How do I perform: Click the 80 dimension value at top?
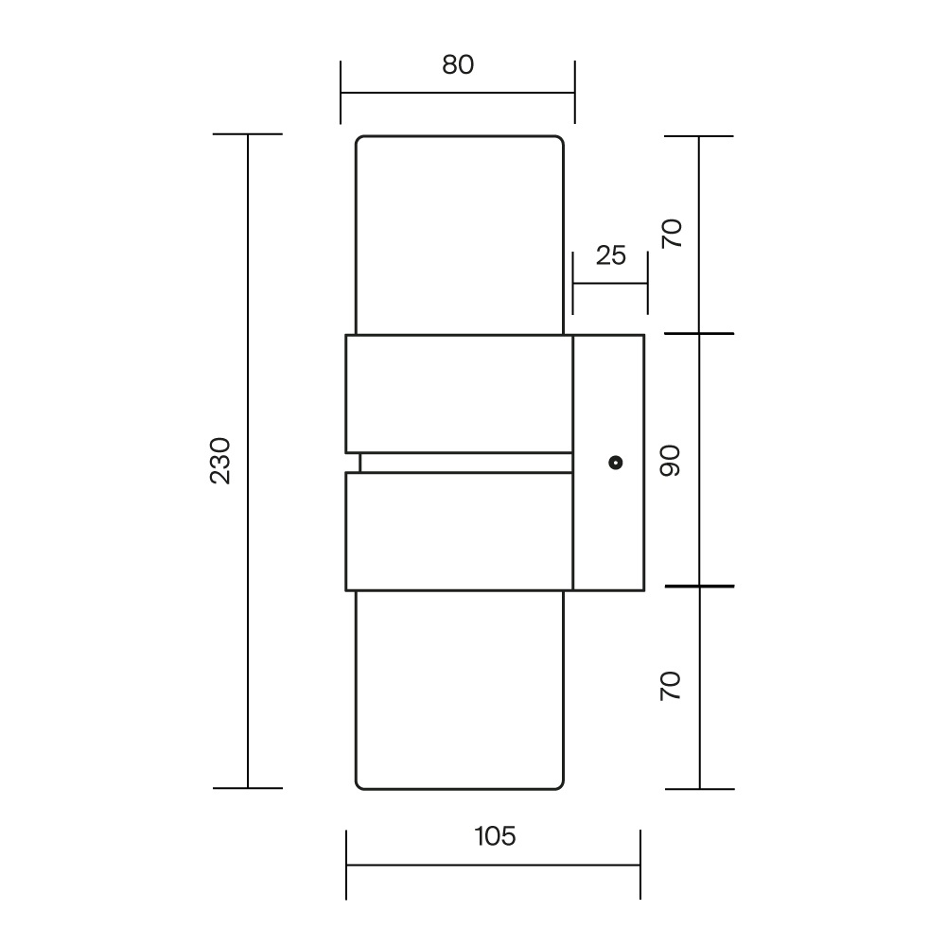[x=458, y=64]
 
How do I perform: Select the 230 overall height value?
[x=220, y=461]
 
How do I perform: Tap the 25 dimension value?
[x=610, y=255]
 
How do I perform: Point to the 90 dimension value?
[x=671, y=461]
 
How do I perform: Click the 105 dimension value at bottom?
[x=495, y=836]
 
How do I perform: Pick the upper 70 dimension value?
[x=672, y=234]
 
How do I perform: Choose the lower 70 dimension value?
[x=671, y=686]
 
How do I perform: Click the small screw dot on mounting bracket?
[x=616, y=463]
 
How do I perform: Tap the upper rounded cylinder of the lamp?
[x=460, y=235]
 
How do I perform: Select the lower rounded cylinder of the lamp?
[x=460, y=690]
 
